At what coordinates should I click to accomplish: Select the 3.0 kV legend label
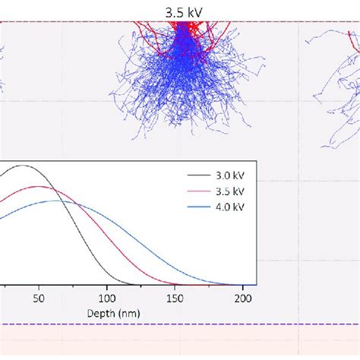(x=229, y=175)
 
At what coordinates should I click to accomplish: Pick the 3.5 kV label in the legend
(x=229, y=191)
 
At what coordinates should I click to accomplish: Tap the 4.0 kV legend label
(x=229, y=206)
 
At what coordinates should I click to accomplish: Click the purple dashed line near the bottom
(x=179, y=325)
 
